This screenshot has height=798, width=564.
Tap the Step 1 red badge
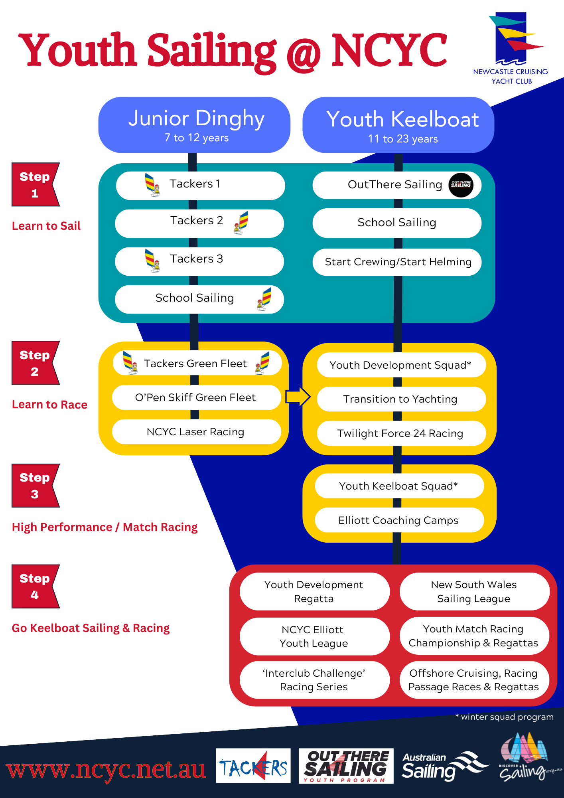[x=35, y=184]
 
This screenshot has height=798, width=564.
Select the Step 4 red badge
[x=35, y=586]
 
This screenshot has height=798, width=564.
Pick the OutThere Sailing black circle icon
[x=461, y=185]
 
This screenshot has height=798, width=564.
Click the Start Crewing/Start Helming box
[x=397, y=262]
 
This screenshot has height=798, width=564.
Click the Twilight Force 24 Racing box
[x=401, y=433]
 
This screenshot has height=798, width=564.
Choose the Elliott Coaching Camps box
[x=399, y=520]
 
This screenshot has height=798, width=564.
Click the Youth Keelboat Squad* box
[x=399, y=486]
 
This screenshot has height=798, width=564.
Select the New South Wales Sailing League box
[x=474, y=591]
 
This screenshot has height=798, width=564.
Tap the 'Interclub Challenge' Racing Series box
[x=314, y=680]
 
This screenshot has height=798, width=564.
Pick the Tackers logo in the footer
[x=253, y=766]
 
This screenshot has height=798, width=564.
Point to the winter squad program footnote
[x=504, y=717]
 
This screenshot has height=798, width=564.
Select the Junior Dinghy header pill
[x=194, y=125]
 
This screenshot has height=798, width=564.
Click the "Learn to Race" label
[x=49, y=405]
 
